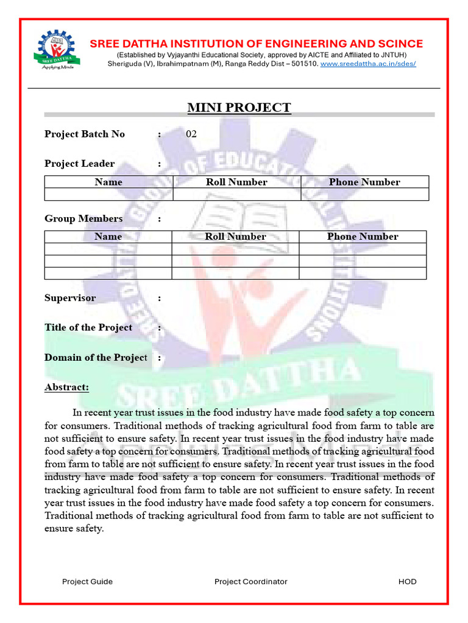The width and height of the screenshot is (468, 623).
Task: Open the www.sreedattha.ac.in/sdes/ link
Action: pyautogui.click(x=368, y=63)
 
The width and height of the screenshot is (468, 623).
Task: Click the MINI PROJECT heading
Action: pyautogui.click(x=239, y=108)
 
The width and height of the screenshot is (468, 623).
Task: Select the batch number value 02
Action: pyautogui.click(x=191, y=134)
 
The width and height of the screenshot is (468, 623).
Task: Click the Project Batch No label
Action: pyautogui.click(x=85, y=134)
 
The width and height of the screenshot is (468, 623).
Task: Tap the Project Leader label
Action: pyautogui.click(x=79, y=164)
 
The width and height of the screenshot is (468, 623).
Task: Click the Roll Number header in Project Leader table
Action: pyautogui.click(x=236, y=182)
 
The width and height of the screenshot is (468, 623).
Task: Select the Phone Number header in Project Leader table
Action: pyautogui.click(x=364, y=182)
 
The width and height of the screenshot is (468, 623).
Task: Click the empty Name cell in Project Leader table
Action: pyautogui.click(x=108, y=194)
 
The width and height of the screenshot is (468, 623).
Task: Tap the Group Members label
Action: pyautogui.click(x=83, y=218)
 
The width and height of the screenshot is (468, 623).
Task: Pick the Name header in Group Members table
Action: pyautogui.click(x=108, y=237)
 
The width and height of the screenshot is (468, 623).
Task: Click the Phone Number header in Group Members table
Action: pyautogui.click(x=363, y=237)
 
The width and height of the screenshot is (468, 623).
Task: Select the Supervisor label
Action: pyautogui.click(x=70, y=298)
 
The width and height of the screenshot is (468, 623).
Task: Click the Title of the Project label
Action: pyautogui.click(x=88, y=327)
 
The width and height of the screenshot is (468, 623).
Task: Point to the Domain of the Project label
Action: pyautogui.click(x=96, y=357)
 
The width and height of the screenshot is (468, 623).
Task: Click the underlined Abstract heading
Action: pyautogui.click(x=67, y=387)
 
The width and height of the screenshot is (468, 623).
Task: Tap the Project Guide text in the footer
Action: pyautogui.click(x=87, y=582)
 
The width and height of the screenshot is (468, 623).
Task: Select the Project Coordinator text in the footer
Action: pyautogui.click(x=250, y=582)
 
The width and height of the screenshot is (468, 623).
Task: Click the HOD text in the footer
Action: pyautogui.click(x=407, y=582)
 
